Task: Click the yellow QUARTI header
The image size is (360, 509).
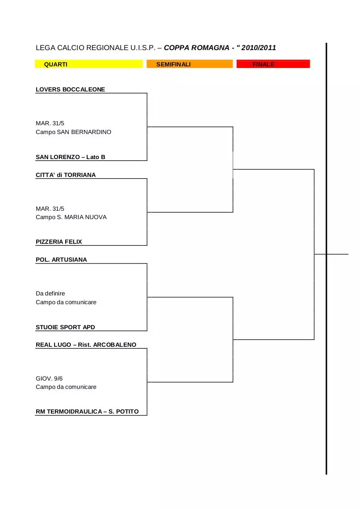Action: [x=89, y=64]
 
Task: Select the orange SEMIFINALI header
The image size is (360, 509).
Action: [x=189, y=64]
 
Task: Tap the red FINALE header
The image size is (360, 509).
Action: [x=273, y=64]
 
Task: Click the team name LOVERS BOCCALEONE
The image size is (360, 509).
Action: [x=70, y=89]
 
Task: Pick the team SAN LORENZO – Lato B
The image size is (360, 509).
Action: [x=70, y=157]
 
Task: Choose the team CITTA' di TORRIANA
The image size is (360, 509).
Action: [x=66, y=175]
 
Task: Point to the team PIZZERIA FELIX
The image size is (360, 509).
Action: [x=59, y=241]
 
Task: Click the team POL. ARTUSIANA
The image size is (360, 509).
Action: [x=61, y=260]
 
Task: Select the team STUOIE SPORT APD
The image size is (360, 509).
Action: [x=65, y=327]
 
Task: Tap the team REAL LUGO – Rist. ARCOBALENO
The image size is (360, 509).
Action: [x=86, y=344]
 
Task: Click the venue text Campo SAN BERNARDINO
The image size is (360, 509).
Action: [x=74, y=132]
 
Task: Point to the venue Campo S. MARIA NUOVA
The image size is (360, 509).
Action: [x=71, y=217]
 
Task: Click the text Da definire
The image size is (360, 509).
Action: [x=50, y=293]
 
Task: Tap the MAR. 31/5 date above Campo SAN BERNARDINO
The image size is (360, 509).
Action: [x=50, y=123]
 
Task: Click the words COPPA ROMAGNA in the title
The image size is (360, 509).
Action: [x=197, y=48]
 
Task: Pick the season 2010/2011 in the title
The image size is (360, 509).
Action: [x=259, y=48]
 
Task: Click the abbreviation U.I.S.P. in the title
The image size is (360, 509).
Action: [x=143, y=48]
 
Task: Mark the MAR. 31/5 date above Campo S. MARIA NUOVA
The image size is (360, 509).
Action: [x=50, y=209]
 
